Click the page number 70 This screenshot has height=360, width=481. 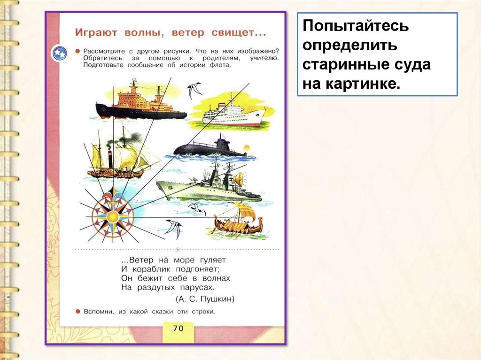pos(178,328)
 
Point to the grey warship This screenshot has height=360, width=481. pos(209,187)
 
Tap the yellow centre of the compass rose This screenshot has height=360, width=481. pos(113,216)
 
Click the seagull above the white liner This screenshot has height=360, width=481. pos(194,89)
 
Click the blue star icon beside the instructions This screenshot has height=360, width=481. pos(60,53)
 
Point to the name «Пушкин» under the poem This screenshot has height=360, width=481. pos(218,299)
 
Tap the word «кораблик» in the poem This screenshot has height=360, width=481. pos(151,269)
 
